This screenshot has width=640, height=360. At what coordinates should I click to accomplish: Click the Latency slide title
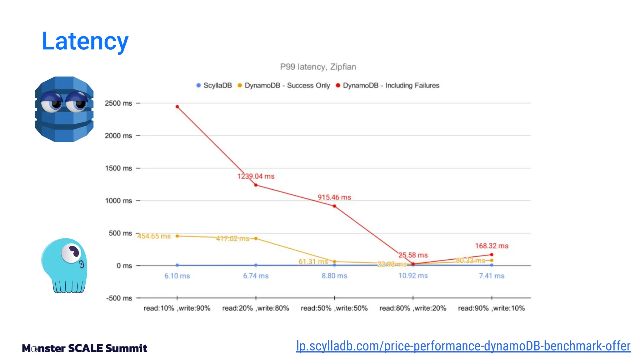coord(85,41)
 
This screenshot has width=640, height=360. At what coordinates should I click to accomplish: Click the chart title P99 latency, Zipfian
coord(318,67)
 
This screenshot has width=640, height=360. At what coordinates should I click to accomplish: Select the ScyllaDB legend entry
coord(214,86)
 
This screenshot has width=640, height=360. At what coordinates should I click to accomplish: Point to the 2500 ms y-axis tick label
coord(118,103)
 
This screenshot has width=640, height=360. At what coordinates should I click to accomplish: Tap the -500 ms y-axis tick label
coord(119,298)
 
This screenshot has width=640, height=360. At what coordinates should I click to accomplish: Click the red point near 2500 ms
coord(177,107)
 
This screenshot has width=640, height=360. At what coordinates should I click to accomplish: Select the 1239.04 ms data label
coord(256,176)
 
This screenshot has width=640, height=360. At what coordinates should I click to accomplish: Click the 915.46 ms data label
coord(334,197)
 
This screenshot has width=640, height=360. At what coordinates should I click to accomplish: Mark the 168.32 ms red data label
coord(492,246)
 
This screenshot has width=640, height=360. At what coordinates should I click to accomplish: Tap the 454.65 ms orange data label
coord(154,236)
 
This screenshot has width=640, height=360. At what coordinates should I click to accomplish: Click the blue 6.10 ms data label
coord(177,276)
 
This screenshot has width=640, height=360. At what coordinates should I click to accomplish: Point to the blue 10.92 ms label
coord(413,276)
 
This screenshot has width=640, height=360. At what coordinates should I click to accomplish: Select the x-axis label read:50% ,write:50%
coord(334,308)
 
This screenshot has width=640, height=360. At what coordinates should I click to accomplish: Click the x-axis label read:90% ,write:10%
coord(491,308)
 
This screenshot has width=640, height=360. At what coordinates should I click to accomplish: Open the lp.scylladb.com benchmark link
coord(463,346)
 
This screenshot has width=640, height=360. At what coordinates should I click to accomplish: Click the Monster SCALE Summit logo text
coord(84,348)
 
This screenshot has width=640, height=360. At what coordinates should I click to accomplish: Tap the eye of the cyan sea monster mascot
coord(72,252)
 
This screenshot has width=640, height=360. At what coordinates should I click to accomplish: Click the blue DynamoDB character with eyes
coord(64,109)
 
